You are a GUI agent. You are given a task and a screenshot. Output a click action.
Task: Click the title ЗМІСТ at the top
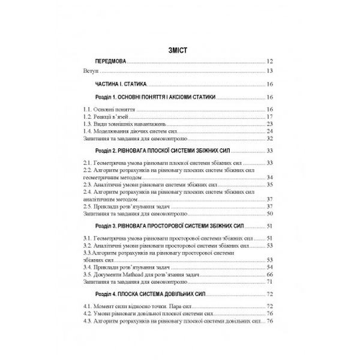click(179, 51)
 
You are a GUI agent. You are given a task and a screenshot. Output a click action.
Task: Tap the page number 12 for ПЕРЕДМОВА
click(270, 62)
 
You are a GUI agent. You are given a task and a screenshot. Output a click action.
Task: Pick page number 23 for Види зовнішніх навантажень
click(270, 124)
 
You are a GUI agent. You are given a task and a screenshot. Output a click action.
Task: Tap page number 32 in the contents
click(270, 138)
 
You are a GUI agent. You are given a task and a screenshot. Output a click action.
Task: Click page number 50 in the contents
click(270, 214)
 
